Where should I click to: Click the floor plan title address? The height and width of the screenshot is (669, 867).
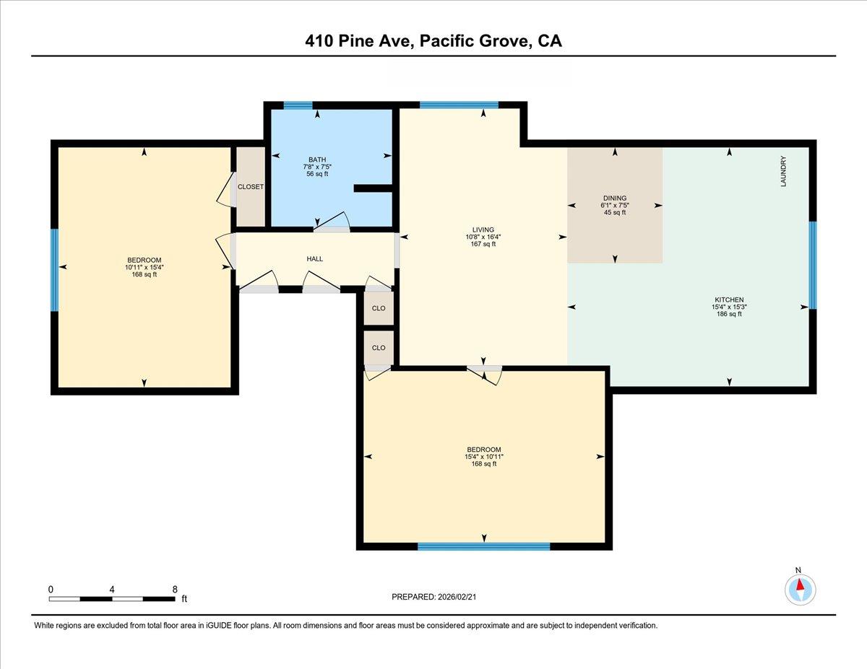click(433, 41)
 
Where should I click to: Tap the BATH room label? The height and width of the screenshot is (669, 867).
click(317, 159)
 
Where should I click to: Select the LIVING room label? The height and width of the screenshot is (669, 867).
click(483, 229)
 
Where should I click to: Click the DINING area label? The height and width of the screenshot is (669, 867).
click(615, 198)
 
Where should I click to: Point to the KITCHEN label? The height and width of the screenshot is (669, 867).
click(729, 299)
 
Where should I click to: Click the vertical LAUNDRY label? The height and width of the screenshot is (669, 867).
click(782, 172)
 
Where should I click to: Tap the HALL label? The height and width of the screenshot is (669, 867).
click(314, 258)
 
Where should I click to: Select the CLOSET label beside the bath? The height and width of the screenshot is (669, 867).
click(251, 186)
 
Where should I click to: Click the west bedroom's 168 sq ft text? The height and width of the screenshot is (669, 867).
click(144, 274)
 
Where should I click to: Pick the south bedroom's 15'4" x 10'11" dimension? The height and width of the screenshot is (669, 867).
click(483, 457)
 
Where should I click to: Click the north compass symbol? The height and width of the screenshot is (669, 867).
click(800, 588)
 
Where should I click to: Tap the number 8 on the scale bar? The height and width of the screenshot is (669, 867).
click(175, 589)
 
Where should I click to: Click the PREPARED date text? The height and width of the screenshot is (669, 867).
click(433, 597)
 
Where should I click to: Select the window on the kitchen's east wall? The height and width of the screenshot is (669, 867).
click(812, 265)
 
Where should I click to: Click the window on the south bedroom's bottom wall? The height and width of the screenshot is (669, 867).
click(483, 546)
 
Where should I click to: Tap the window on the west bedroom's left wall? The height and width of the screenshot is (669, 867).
click(54, 270)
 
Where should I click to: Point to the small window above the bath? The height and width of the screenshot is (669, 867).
click(298, 105)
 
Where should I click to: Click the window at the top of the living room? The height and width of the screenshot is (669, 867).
click(459, 105)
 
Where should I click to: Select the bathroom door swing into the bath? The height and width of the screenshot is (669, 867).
click(331, 222)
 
